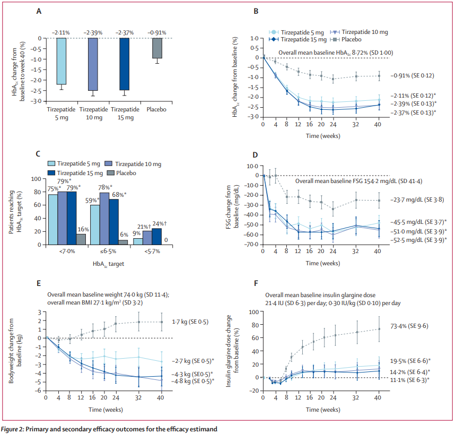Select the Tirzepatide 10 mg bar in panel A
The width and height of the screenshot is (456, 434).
click(92, 64)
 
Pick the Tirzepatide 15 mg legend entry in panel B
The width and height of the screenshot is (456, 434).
click(297, 40)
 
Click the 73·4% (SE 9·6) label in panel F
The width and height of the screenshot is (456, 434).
click(409, 326)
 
